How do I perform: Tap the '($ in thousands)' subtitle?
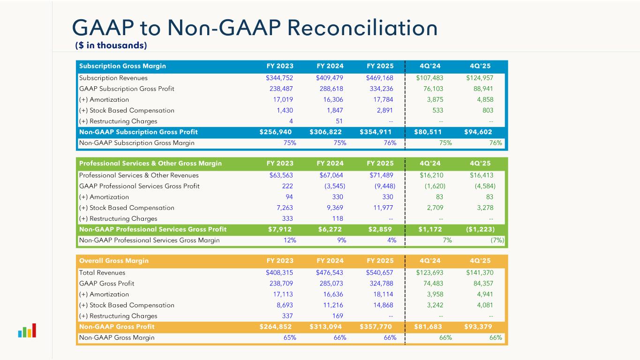(111, 45)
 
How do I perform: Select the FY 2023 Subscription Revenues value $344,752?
(281, 78)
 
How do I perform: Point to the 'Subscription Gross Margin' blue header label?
(122, 66)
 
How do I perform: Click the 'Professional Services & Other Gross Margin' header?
(151, 164)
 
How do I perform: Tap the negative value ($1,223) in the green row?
(480, 230)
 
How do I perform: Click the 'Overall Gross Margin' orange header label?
(114, 261)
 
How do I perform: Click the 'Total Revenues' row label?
(102, 273)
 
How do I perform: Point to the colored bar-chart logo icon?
(27, 331)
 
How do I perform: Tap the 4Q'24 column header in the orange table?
(430, 261)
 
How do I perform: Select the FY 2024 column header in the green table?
(330, 164)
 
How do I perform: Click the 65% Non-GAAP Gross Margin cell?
(290, 337)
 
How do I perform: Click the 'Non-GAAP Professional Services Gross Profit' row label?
(153, 230)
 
